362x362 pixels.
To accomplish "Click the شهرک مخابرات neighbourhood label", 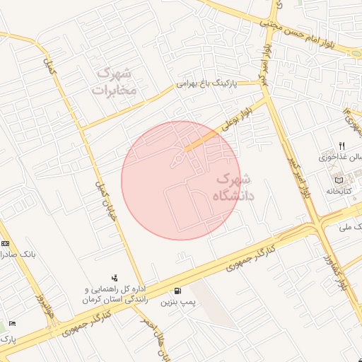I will (x=117, y=81).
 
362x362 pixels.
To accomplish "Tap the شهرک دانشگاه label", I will (x=231, y=188).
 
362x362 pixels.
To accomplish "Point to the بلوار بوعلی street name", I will (x=235, y=117).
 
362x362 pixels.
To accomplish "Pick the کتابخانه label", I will (x=339, y=191).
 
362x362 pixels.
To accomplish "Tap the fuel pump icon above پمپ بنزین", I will (x=177, y=291).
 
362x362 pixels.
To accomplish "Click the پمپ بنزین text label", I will (x=177, y=303).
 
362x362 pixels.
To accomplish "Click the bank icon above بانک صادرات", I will (x=6, y=243).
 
